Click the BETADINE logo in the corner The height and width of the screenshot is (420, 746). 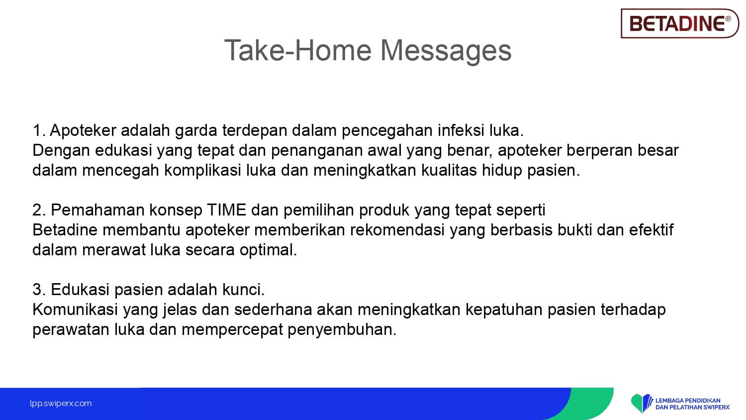[x=679, y=23]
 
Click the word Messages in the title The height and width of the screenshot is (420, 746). [x=446, y=51]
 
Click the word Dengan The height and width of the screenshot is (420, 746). [x=61, y=151]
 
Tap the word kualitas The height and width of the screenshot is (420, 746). [x=449, y=170]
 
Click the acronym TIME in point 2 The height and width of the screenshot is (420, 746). [x=226, y=210]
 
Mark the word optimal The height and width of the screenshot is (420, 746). [x=268, y=250]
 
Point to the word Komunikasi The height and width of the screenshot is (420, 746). [x=75, y=310]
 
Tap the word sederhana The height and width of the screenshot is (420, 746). [x=273, y=310]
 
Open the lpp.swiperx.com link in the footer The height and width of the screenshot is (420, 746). [x=61, y=404]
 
